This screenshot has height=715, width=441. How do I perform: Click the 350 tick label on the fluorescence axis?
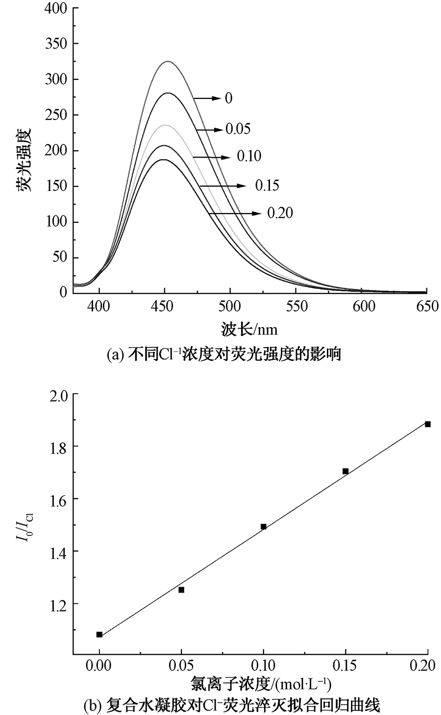coord(56,44)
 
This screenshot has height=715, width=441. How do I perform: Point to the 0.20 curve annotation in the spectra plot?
coord(280,213)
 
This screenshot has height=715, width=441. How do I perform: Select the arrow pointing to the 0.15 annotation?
coord(223,186)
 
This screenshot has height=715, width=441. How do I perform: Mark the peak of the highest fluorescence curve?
coord(168,61)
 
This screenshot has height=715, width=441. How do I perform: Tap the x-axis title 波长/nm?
coord(249,330)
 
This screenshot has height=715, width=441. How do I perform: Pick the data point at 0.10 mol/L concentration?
coord(264,526)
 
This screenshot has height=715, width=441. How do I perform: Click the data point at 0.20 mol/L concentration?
coord(428,424)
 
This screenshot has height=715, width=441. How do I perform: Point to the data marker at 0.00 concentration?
coord(99,634)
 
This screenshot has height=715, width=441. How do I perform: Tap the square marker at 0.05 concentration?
coord(181,590)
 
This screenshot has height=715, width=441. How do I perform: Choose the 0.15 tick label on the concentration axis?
coord(345,667)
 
